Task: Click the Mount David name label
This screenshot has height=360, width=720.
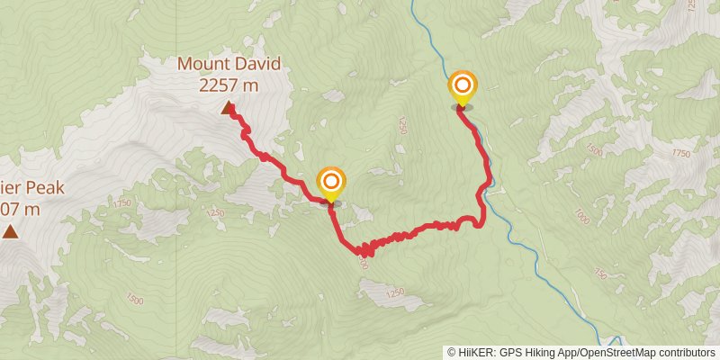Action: point(229,64)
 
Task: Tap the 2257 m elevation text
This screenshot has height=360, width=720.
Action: point(229,85)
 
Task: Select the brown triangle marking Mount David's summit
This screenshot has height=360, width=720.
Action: point(229,108)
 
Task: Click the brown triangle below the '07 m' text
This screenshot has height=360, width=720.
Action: point(10,232)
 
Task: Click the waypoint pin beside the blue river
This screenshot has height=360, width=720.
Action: point(463,90)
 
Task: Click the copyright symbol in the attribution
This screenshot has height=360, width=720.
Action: point(451,352)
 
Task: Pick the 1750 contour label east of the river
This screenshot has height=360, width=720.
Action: point(680,153)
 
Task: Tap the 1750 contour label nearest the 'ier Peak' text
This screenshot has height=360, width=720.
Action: point(122,203)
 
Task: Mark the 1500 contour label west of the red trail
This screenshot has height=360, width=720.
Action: point(134,299)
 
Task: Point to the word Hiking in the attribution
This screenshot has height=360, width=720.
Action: point(538,352)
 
